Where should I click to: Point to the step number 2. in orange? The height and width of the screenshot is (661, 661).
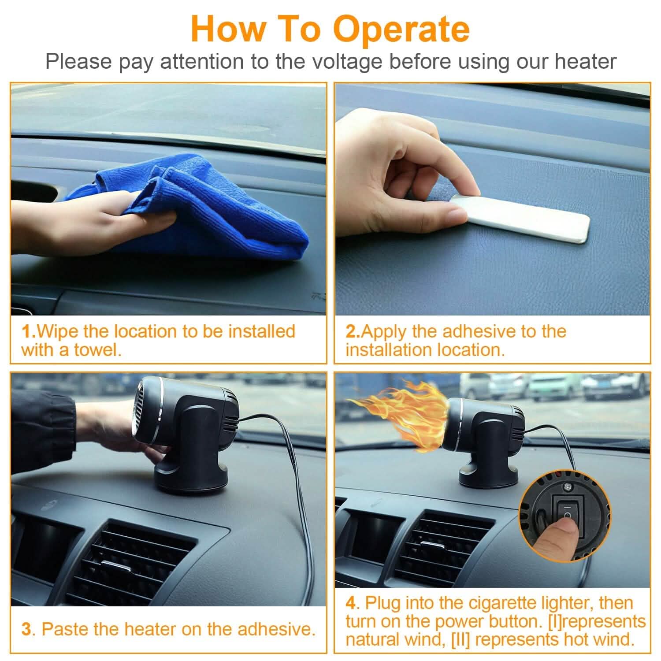(353, 331)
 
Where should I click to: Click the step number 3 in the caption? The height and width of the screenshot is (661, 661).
(27, 629)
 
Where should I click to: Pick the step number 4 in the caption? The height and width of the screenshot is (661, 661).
(350, 603)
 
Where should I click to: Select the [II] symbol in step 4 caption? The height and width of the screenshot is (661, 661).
(461, 639)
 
